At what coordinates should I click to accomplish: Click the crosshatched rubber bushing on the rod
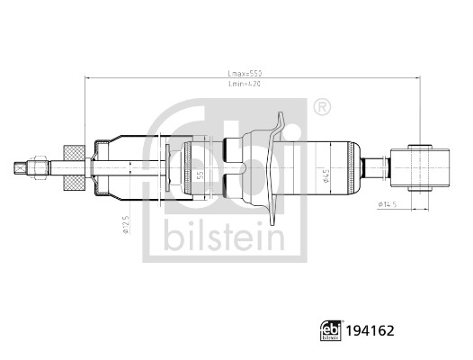(75, 166)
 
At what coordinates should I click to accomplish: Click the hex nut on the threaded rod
(40, 166)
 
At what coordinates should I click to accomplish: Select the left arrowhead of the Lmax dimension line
(88, 78)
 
